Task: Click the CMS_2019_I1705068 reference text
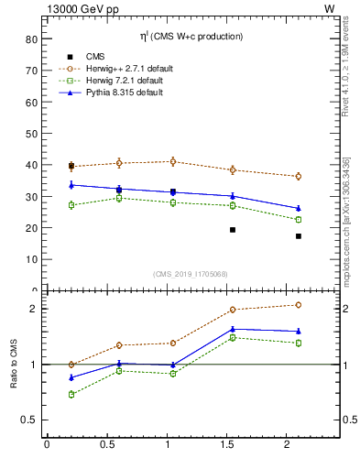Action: click(191, 273)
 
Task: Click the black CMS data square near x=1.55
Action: click(233, 230)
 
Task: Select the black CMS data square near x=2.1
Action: click(299, 236)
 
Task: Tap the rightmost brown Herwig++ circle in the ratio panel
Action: click(299, 305)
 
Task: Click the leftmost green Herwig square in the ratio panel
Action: click(71, 394)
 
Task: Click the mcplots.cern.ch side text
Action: click(346, 220)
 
